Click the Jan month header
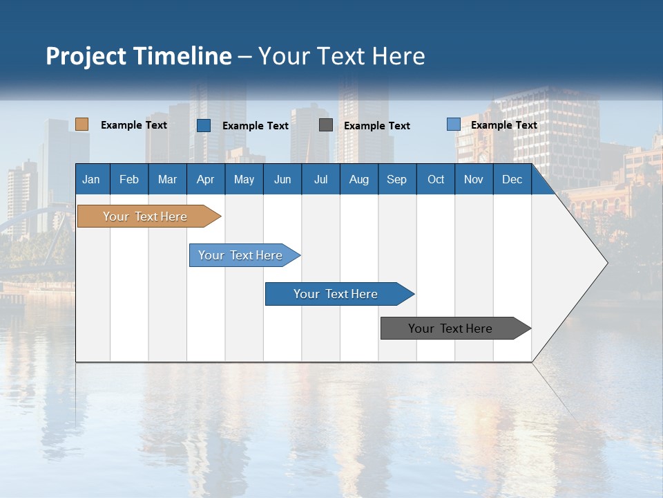coord(91,179)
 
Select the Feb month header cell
coord(129,179)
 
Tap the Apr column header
coord(205,179)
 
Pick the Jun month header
coord(282,179)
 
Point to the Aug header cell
coord(358,179)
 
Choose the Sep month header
coord(396,179)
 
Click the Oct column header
coord(436,179)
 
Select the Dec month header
coord(512,179)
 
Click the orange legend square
coord(82,124)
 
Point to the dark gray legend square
coord(326,125)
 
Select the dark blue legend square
coord(204,125)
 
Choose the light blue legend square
coord(454,124)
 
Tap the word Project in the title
coord(86,56)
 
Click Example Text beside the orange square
coord(134,125)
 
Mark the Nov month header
coord(473,179)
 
